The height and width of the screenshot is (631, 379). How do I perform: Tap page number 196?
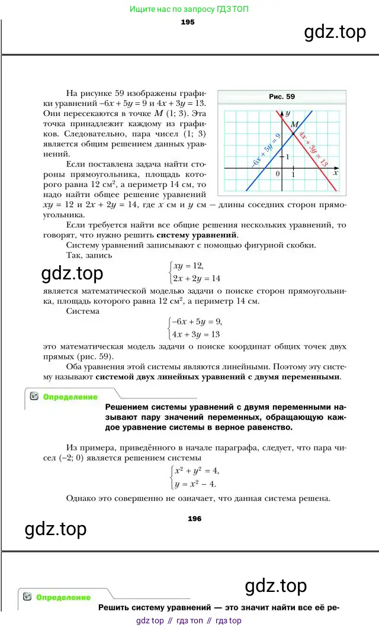[194, 519]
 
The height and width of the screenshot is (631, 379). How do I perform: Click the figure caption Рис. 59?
[282, 96]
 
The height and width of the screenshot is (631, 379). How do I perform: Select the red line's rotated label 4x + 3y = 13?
[313, 148]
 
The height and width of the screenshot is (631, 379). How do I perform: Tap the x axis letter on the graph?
[335, 173]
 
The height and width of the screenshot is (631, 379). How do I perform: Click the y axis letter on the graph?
[287, 112]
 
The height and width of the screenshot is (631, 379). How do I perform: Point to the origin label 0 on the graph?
[278, 174]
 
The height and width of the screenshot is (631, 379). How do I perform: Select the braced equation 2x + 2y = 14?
[195, 278]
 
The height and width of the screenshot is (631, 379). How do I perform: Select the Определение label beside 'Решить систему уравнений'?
[63, 598]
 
